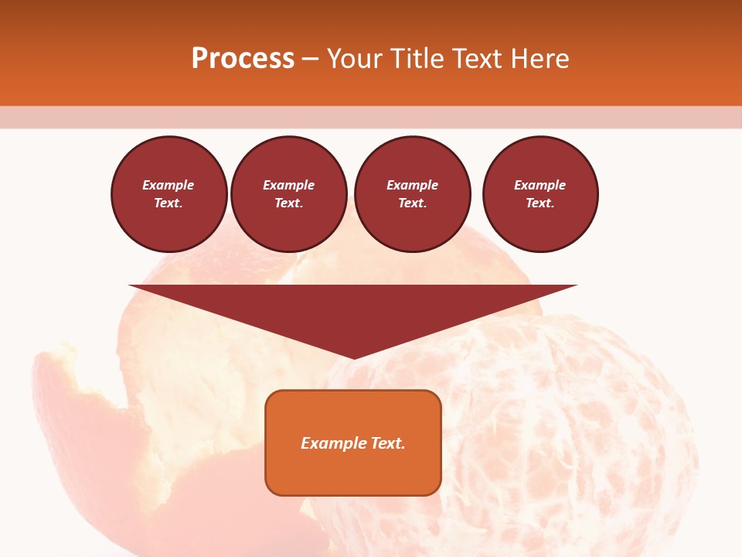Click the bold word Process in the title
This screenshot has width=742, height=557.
point(243,59)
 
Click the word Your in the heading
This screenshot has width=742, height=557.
point(355,59)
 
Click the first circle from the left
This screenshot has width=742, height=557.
point(169,194)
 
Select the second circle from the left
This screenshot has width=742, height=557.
point(289,194)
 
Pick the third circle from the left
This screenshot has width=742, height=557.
point(413,194)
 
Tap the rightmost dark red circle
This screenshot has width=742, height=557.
point(540,194)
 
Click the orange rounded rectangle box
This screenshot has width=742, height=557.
point(353,464)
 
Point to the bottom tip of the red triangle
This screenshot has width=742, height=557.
point(353,357)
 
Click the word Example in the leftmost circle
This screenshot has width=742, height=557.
point(168,185)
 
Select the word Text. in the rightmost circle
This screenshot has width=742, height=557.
point(540,203)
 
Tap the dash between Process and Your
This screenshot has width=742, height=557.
point(310,59)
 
